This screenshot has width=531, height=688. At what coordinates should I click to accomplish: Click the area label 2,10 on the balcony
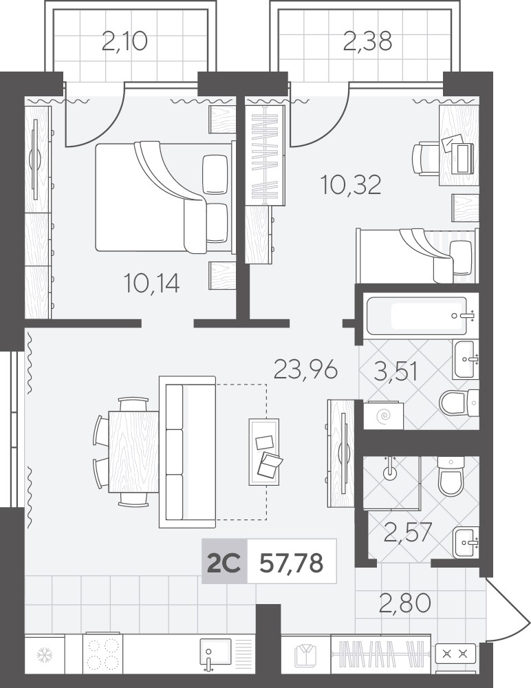[x=124, y=42]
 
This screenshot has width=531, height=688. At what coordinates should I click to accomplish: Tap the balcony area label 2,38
[x=368, y=42]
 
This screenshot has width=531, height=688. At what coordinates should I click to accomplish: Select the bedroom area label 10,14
[x=152, y=283]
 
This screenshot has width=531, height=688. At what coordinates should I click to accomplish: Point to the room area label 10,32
[x=351, y=184]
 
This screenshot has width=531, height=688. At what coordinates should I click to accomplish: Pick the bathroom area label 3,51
[x=395, y=372]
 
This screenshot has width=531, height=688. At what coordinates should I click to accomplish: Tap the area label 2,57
[x=408, y=532]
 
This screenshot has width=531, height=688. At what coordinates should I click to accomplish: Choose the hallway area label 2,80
[x=405, y=603]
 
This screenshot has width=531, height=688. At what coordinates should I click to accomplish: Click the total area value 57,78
[x=292, y=563]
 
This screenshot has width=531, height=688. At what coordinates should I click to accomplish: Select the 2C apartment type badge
[x=224, y=563]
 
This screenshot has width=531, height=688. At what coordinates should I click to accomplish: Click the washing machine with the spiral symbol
[x=383, y=415]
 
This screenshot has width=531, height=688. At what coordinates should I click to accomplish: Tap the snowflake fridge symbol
[x=44, y=656]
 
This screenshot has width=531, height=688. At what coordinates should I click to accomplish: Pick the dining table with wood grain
[x=134, y=451]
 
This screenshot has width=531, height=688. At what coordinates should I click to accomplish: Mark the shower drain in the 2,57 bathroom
[x=389, y=472]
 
